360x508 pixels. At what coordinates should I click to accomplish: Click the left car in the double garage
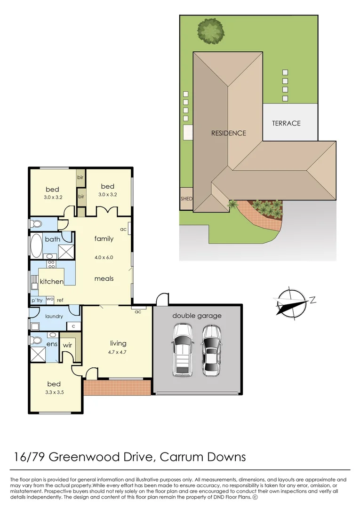tap(182, 350)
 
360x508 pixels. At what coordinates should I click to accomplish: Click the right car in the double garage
tap(211, 350)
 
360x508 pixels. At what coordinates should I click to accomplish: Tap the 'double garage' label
tap(197, 316)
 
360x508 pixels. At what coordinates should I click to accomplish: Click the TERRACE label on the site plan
tap(286, 123)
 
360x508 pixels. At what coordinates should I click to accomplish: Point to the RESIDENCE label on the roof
tap(228, 133)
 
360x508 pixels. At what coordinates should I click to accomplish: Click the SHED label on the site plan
tap(186, 199)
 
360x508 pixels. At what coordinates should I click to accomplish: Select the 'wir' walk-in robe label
tap(67, 346)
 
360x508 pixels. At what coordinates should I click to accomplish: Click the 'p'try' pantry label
tap(37, 300)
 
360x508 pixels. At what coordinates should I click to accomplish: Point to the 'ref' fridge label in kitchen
tap(60, 300)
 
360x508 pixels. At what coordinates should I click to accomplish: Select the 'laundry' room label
tap(54, 316)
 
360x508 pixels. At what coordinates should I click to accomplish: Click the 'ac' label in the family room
tap(123, 230)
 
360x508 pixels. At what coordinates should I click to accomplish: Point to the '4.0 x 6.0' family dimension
tap(104, 257)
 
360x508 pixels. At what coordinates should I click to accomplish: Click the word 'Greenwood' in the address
tap(81, 456)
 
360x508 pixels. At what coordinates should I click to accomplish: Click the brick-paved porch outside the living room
tap(117, 387)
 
